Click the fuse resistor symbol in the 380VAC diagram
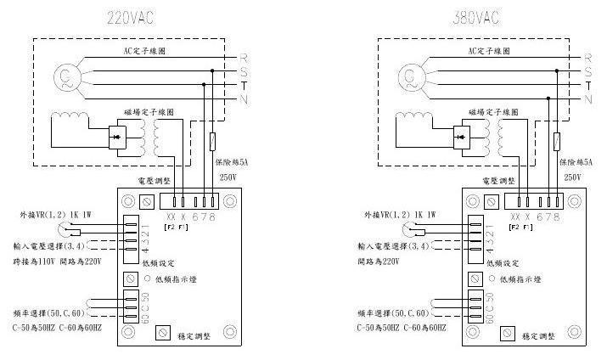click(555, 141)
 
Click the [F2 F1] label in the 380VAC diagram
click(522, 228)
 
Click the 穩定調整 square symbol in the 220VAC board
click(163, 334)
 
